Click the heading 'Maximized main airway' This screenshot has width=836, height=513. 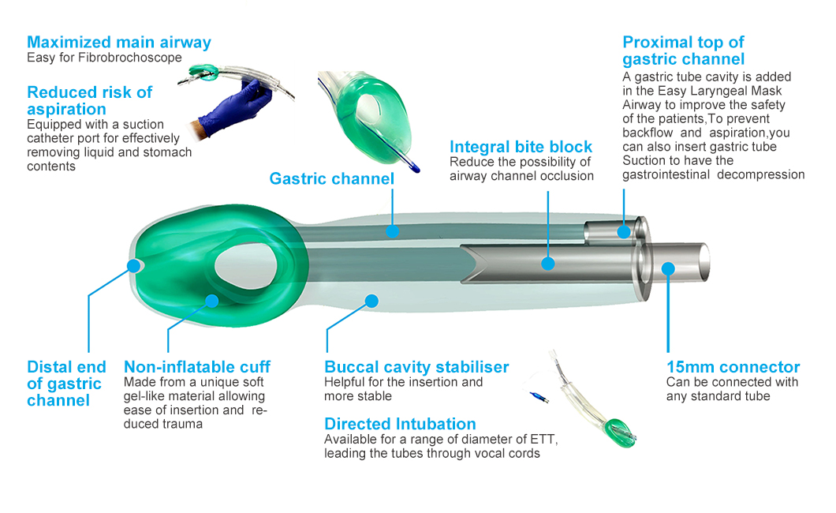pyautogui.click(x=119, y=43)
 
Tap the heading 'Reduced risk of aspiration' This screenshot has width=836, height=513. pyautogui.click(x=89, y=100)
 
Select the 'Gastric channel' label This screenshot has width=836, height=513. pyautogui.click(x=331, y=178)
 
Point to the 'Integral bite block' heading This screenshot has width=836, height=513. pyautogui.click(x=521, y=147)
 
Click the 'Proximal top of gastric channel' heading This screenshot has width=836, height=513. pyautogui.click(x=683, y=51)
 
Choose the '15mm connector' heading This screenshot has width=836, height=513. pyautogui.click(x=733, y=367)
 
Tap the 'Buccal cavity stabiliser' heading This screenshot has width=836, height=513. pyautogui.click(x=416, y=367)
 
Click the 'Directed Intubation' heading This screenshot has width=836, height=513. pyautogui.click(x=400, y=424)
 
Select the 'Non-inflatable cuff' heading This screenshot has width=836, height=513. pyautogui.click(x=196, y=367)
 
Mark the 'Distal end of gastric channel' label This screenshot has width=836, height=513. pyautogui.click(x=65, y=384)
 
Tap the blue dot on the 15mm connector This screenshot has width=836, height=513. pyautogui.click(x=668, y=268)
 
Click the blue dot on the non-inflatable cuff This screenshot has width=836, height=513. pyautogui.click(x=211, y=300)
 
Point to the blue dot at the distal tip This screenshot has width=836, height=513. pyautogui.click(x=132, y=266)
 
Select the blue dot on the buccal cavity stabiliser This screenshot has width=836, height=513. pyautogui.click(x=373, y=300)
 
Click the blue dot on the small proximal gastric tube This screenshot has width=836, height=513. pyautogui.click(x=624, y=231)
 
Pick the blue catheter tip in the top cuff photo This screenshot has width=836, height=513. pyautogui.click(x=413, y=167)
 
